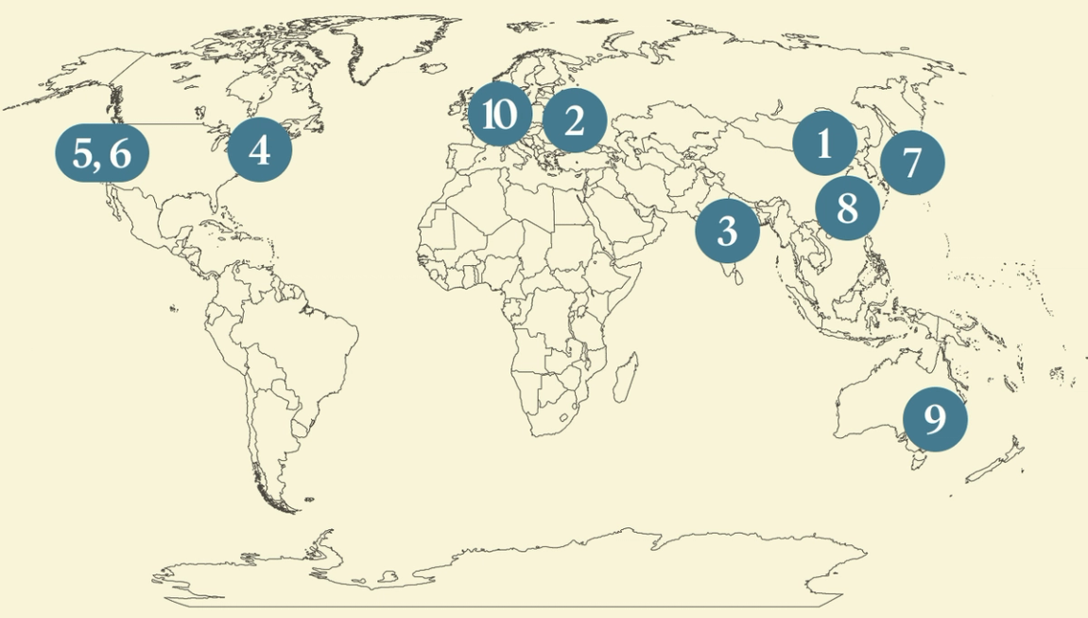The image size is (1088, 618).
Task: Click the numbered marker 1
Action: (x=824, y=144)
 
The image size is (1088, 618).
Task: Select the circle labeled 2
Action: (x=574, y=121)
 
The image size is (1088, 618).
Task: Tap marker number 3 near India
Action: (x=727, y=230)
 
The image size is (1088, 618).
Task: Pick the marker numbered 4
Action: (x=260, y=150)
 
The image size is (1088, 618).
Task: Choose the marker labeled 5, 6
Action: (x=101, y=152)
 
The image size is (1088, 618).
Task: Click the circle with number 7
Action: (x=912, y=162)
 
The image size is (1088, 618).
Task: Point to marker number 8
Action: (x=847, y=207)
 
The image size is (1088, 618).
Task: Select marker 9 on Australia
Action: (x=935, y=418)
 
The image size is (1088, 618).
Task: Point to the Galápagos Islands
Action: (x=174, y=309)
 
